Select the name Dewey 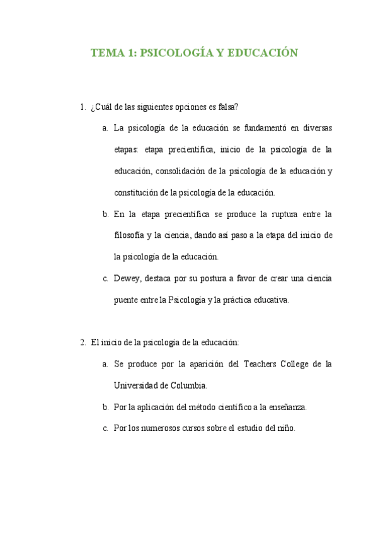(x=126, y=278)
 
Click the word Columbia (x=188, y=385)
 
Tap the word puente (x=127, y=300)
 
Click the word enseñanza (x=288, y=407)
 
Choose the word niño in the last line (x=285, y=428)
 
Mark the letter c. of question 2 (x=105, y=428)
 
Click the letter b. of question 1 (x=105, y=214)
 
